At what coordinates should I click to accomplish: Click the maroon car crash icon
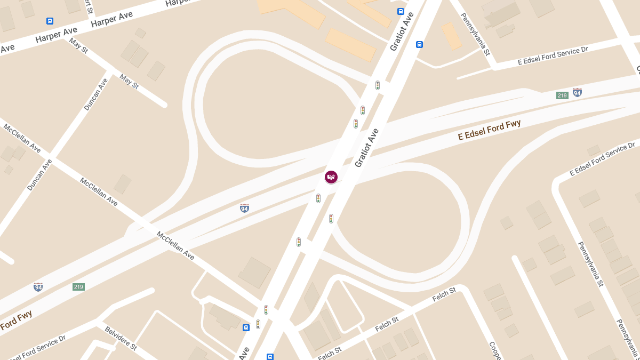coord(331,177)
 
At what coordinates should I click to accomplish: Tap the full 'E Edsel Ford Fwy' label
coord(489,130)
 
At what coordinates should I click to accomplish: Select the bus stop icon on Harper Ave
coord(50,21)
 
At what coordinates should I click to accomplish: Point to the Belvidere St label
coord(121,338)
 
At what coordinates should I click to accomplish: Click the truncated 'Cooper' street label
coord(494,350)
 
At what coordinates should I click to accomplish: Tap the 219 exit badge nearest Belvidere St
coord(78,287)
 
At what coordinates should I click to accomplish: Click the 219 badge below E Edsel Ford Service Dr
coord(562,95)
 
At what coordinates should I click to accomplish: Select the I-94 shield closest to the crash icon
coord(244,208)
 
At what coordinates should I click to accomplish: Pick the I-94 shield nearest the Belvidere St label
coord(38,287)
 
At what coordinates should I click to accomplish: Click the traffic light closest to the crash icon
coord(318,198)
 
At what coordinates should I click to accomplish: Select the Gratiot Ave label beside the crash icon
coord(366,148)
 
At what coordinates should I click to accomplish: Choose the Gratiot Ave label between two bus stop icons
coord(402,31)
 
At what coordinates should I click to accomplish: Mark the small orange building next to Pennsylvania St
coord(451,36)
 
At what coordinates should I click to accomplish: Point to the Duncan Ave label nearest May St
coord(96,94)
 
